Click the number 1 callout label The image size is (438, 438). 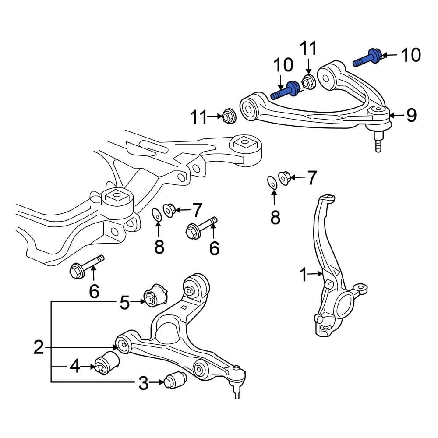[304, 275]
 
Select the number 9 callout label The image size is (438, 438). [411, 115]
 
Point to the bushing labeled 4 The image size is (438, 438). [107, 363]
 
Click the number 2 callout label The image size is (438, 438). [39, 348]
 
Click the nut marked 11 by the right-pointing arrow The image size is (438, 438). [229, 116]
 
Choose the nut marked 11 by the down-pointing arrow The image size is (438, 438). [308, 81]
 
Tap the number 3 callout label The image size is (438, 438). [144, 384]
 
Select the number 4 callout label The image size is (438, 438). [75, 366]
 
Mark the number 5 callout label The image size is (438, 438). [125, 302]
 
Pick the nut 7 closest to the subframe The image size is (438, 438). [170, 210]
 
